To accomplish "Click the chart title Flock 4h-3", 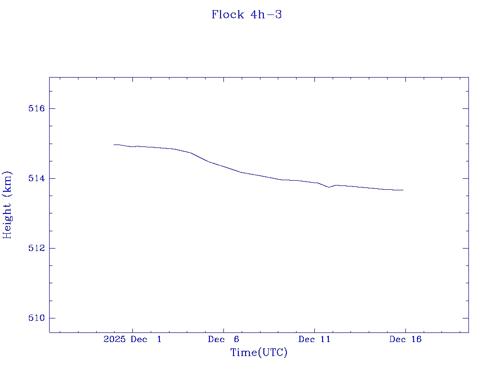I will point(246,14).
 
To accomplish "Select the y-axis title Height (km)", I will point(7,205).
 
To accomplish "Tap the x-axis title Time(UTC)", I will point(259,353).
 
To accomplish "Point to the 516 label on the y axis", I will point(36,108).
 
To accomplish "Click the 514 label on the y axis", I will point(36,178).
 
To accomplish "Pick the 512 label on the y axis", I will point(36,248).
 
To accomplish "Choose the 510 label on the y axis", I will point(36,318).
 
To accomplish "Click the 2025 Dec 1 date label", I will point(132,339).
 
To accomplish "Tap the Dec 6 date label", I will point(223,339).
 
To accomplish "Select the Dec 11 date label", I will point(314,339).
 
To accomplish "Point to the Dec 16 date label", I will point(405,339).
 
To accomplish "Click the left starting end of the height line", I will point(114,145).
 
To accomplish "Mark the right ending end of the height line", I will point(403,190).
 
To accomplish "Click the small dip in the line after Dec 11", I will point(329,187).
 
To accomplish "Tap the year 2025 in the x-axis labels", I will point(115,339).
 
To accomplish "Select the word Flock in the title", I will point(228,14).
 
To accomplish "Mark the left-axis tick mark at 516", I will point(52,108).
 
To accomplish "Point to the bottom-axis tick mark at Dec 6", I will point(223,330).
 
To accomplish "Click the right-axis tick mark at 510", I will point(466,318).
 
